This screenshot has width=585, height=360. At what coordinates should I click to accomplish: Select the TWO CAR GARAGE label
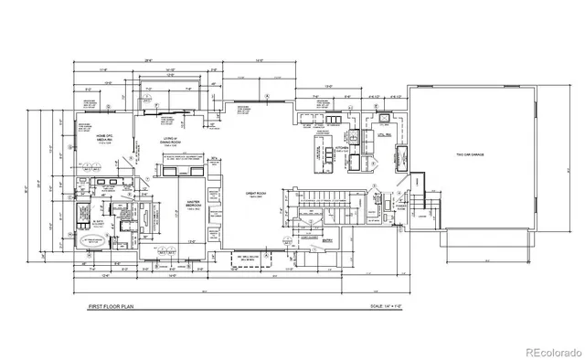pyautogui.click(x=472, y=156)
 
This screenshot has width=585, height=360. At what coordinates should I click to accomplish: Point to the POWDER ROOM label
pyautogui.click(x=399, y=207)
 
